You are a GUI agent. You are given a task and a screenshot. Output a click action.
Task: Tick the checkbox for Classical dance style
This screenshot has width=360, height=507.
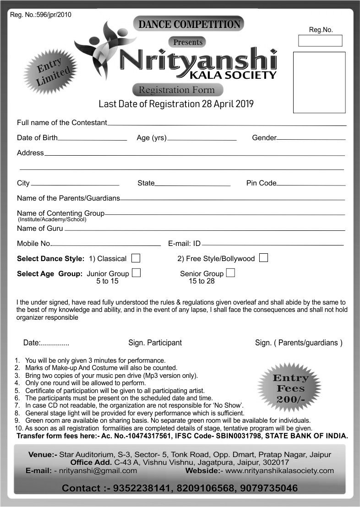[135, 258]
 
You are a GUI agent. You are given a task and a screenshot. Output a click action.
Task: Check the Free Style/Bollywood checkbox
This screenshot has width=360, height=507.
[263, 258]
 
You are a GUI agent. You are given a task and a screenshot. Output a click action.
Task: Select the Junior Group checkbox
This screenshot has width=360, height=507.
[136, 273]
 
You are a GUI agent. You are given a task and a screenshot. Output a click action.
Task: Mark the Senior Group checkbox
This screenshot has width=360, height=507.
[231, 273]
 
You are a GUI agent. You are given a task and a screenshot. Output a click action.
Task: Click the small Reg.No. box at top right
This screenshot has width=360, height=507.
[320, 41]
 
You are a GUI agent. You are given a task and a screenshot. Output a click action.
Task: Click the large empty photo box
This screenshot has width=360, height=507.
[319, 82]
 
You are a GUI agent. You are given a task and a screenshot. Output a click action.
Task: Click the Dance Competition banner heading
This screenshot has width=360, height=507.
[189, 24]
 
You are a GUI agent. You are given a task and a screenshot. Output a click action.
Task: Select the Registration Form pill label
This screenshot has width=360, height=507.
[177, 90]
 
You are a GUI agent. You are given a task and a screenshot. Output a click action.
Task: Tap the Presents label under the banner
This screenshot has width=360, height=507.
[188, 42]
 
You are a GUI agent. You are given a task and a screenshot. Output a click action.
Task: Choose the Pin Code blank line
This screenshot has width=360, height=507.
[311, 185]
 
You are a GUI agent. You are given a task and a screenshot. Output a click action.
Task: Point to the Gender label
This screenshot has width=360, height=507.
[264, 138]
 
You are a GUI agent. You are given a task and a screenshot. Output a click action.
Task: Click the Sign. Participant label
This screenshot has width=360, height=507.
[155, 343]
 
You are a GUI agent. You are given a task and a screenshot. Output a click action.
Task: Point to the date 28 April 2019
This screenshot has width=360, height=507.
[228, 104]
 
